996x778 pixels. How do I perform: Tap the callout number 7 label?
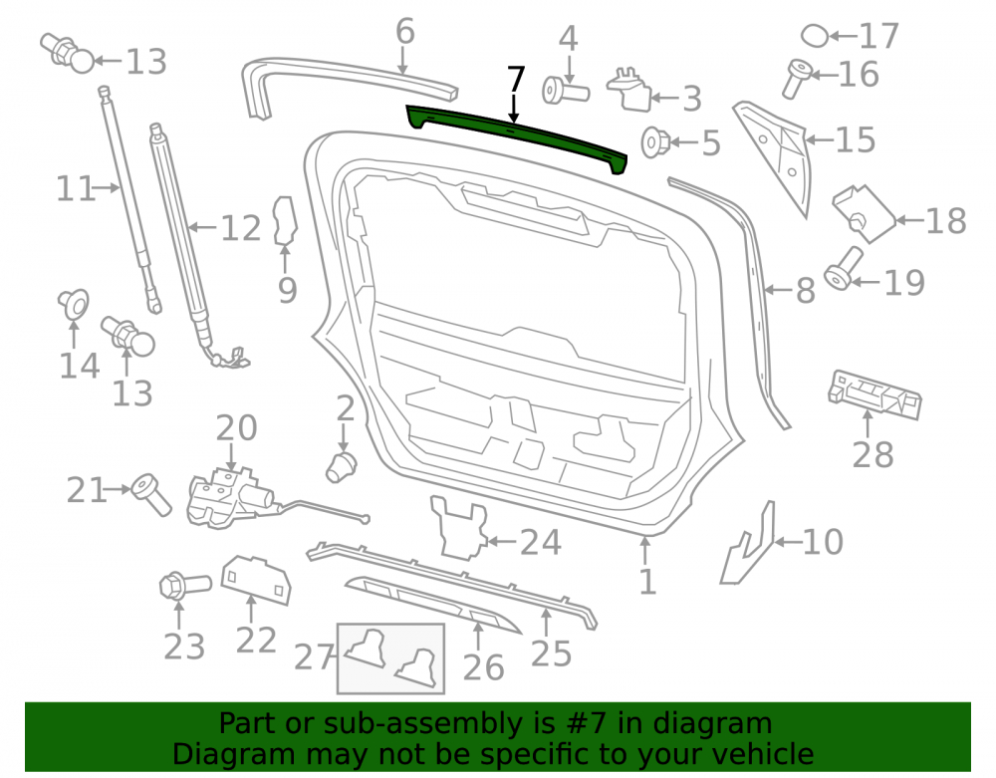pyautogui.click(x=516, y=81)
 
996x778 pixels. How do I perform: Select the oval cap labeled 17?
pyautogui.click(x=815, y=36)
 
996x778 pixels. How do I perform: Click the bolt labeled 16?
pyautogui.click(x=797, y=78)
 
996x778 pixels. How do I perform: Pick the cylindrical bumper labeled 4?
pyautogui.click(x=566, y=91)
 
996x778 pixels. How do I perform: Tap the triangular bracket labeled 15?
pyautogui.click(x=776, y=155)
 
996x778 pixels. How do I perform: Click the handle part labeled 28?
pyautogui.click(x=874, y=393)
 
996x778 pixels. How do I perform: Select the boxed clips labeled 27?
pyautogui.click(x=390, y=658)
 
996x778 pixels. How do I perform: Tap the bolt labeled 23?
pyautogui.click(x=184, y=586)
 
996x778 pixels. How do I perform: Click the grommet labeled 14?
pyautogui.click(x=74, y=304)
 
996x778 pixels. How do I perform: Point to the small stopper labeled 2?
pyautogui.click(x=341, y=467)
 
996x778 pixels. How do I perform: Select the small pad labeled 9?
pyautogui.click(x=285, y=221)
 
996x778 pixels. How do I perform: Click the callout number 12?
pyautogui.click(x=241, y=228)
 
